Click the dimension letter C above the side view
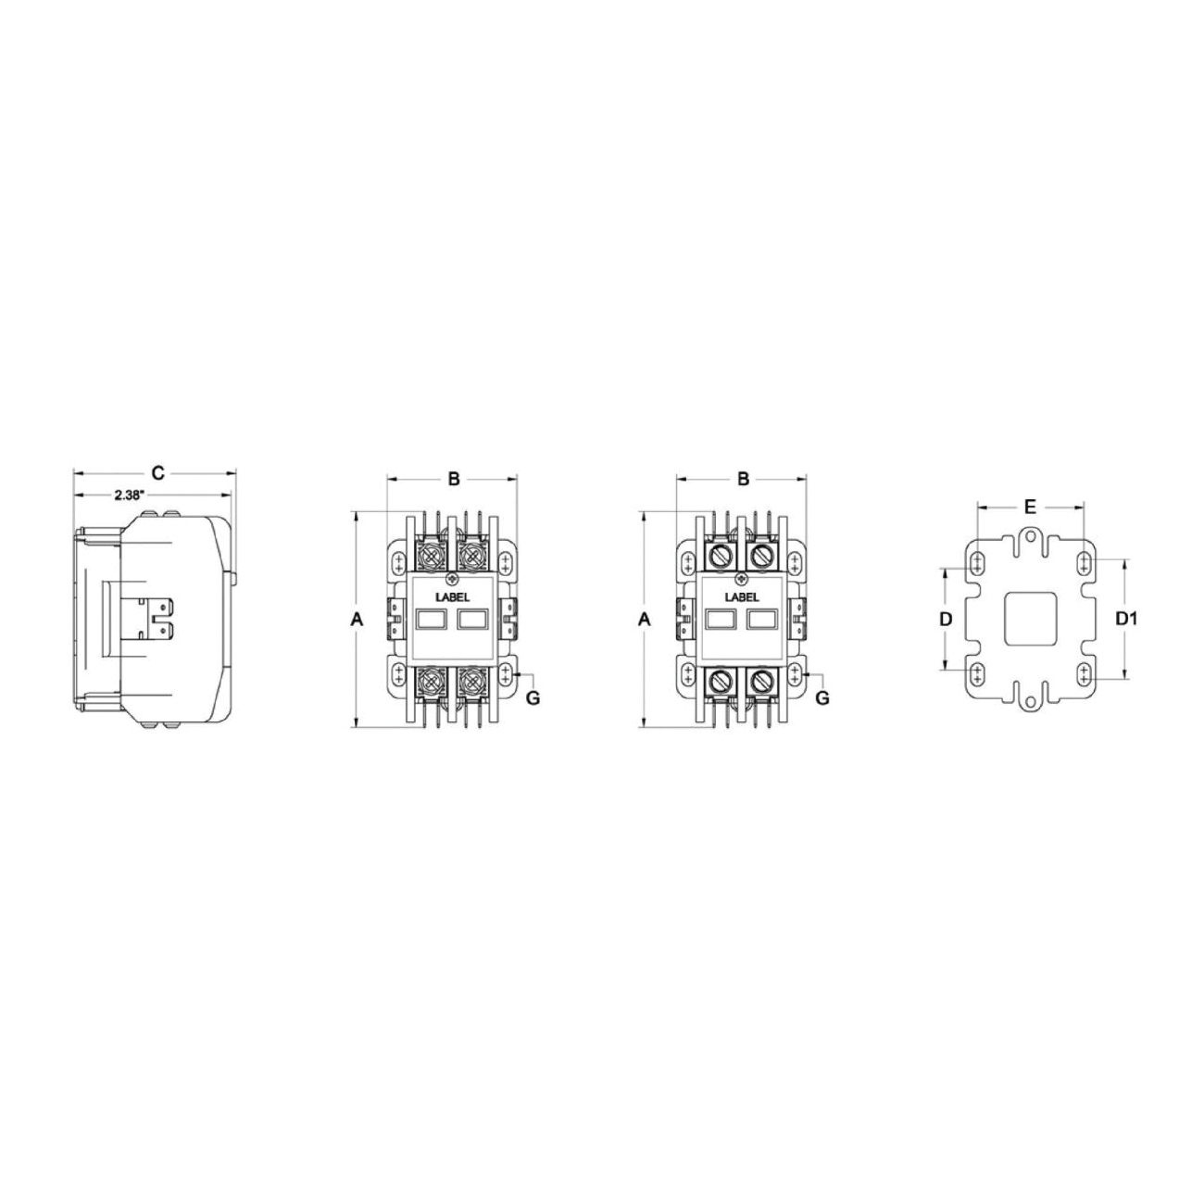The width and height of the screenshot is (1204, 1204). [158, 473]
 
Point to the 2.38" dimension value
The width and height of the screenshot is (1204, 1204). [130, 495]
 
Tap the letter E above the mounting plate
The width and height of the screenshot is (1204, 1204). [1030, 507]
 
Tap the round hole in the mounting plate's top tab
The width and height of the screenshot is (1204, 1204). [1030, 535]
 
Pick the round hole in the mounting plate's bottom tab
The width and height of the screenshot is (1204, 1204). [1030, 702]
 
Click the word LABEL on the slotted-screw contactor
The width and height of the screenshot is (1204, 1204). [742, 597]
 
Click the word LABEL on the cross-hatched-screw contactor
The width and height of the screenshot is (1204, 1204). [453, 597]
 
